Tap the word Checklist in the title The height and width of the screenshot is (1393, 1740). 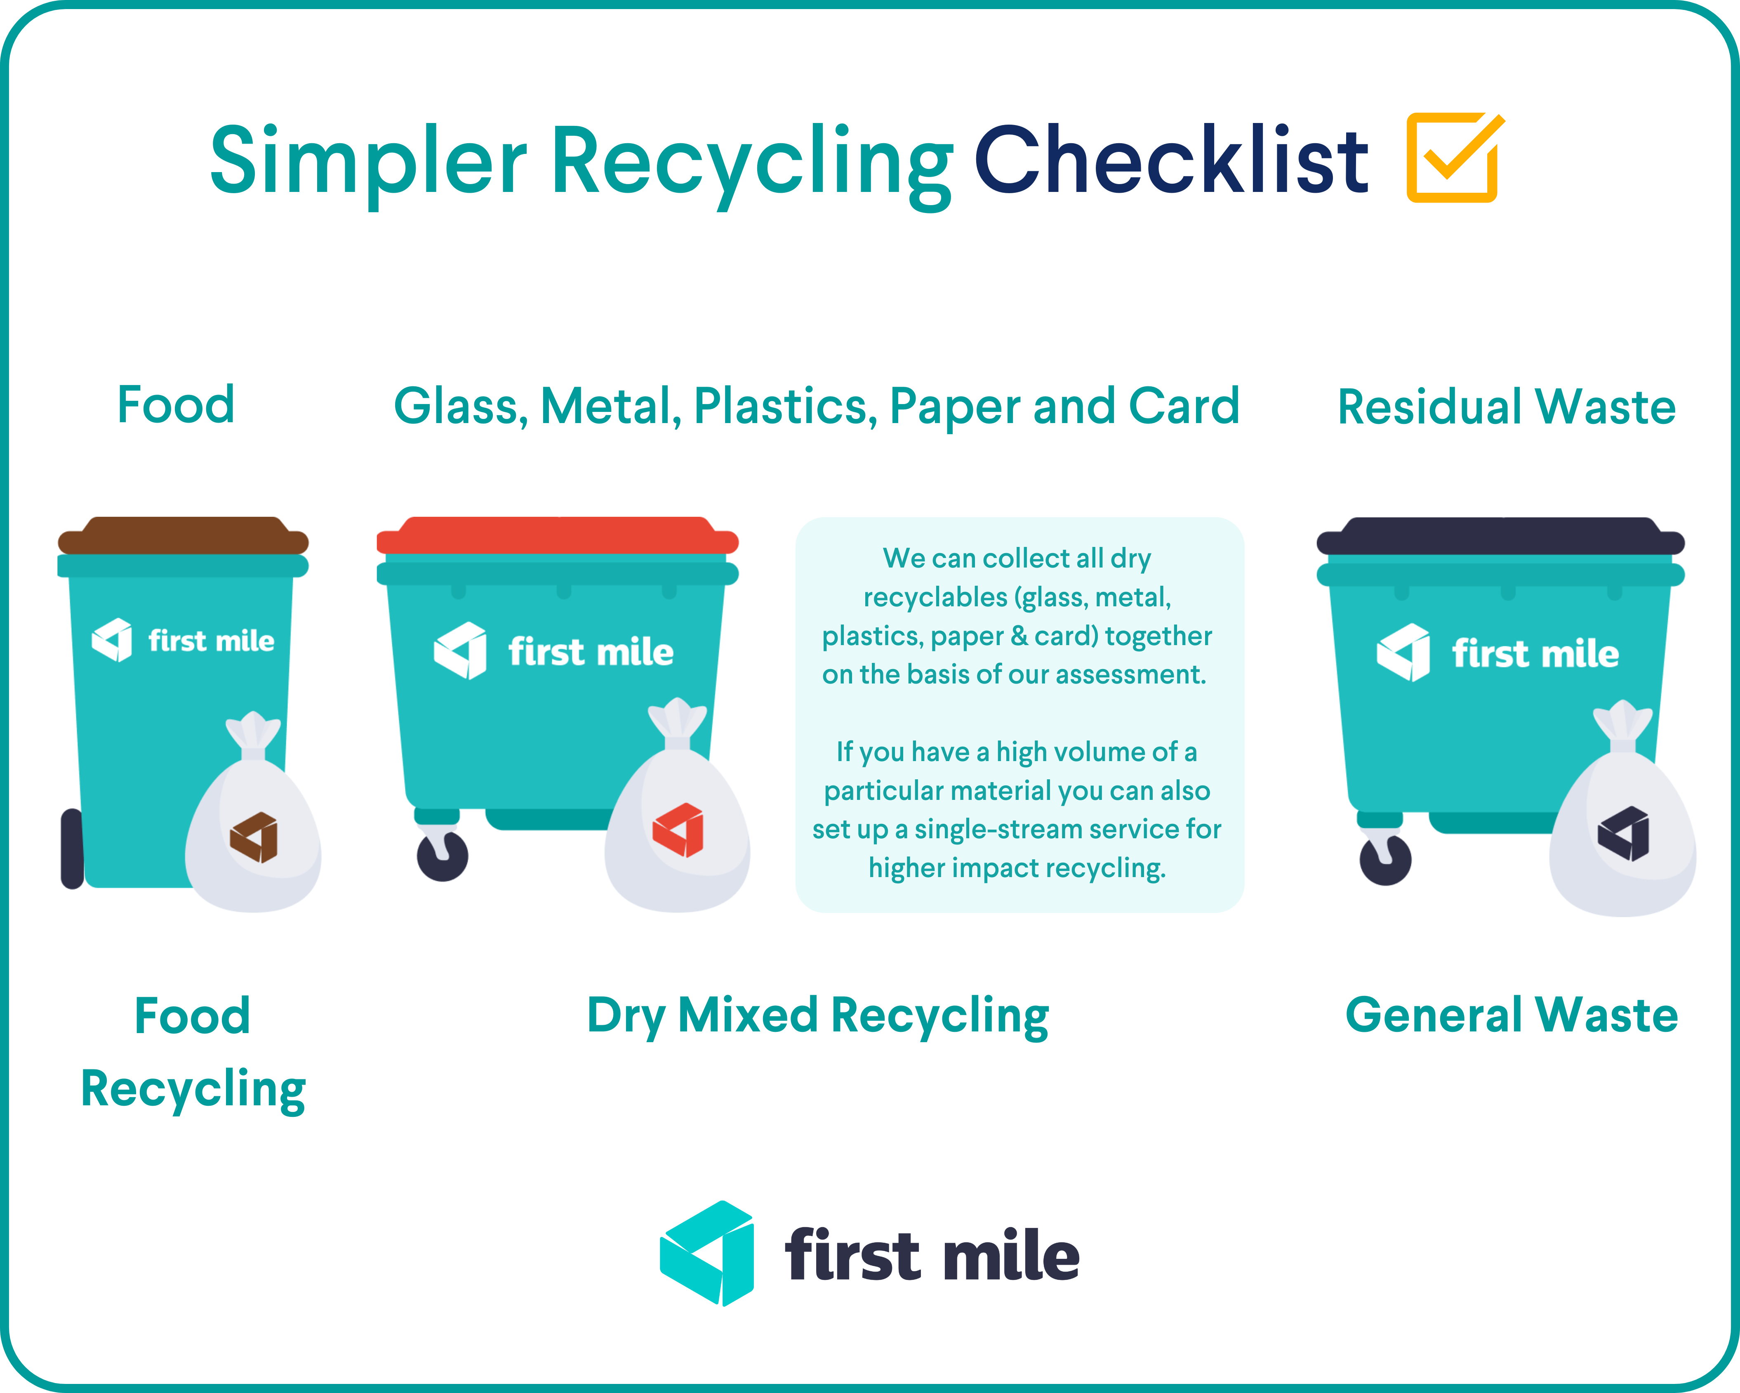pyautogui.click(x=1171, y=160)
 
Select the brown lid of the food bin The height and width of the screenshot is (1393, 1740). pyautogui.click(x=183, y=535)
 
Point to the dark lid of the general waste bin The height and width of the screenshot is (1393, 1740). pyautogui.click(x=1500, y=535)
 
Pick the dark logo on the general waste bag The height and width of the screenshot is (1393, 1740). pyautogui.click(x=1623, y=833)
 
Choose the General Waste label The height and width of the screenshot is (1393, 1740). pyautogui.click(x=1512, y=1015)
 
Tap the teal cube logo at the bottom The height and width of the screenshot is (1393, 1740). pyautogui.click(x=707, y=1253)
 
